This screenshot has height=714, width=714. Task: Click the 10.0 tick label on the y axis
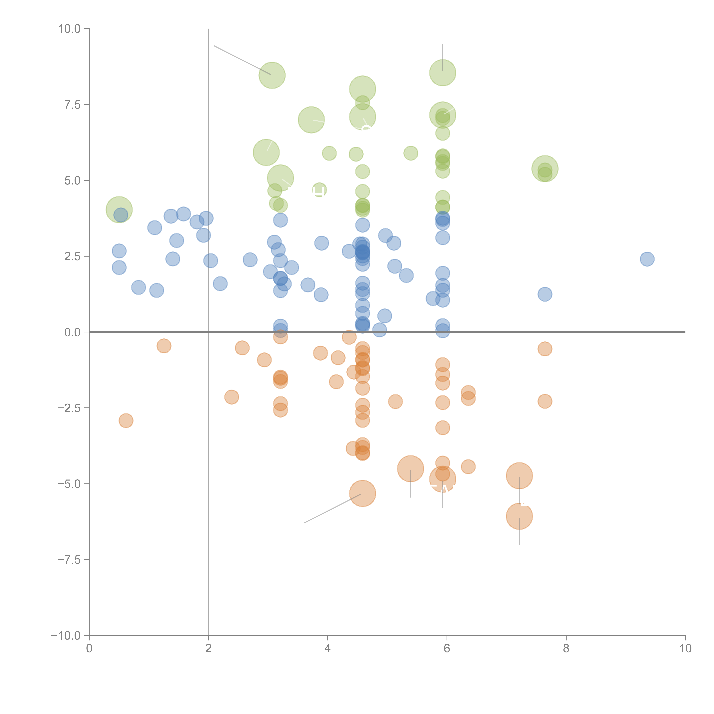tap(70, 29)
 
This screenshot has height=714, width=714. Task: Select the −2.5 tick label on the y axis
tap(69, 408)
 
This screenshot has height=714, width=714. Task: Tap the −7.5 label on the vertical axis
tap(69, 559)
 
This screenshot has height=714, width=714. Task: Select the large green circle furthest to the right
tap(545, 169)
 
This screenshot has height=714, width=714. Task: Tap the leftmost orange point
tap(126, 421)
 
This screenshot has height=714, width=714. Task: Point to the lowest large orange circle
tap(519, 516)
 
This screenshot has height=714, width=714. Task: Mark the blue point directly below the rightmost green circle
tap(545, 294)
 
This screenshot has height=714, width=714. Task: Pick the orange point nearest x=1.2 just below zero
tap(164, 346)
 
